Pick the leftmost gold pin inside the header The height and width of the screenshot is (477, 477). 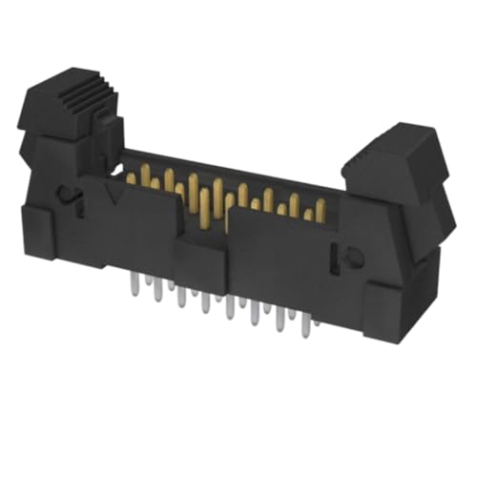[131, 177]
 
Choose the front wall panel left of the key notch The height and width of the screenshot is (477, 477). [143, 234]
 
